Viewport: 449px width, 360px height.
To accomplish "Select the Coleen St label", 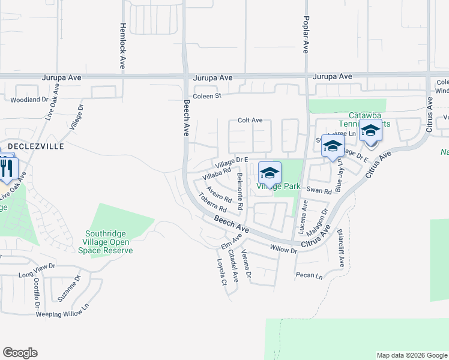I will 207,96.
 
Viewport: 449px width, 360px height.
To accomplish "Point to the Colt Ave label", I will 250,120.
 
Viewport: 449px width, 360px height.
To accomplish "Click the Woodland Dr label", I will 29,99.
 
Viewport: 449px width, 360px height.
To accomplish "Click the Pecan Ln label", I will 309,276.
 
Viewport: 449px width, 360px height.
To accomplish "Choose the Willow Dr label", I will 283,248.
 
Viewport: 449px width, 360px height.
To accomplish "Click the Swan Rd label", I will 319,191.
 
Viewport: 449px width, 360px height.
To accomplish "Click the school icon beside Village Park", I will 270,173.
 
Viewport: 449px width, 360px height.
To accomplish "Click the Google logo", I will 20,353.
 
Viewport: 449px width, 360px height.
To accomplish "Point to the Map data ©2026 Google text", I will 411,355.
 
